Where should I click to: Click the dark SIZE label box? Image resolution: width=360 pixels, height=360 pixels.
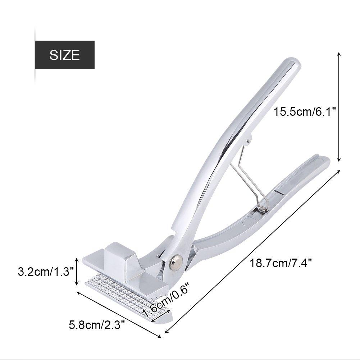tap(64, 55)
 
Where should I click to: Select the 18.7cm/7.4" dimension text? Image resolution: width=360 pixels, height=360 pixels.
tap(281, 263)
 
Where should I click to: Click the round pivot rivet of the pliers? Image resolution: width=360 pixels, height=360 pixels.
tap(176, 261)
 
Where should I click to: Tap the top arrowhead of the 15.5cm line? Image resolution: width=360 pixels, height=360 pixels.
tap(338, 54)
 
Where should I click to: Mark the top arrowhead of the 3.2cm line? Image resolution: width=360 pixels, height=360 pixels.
tap(76, 259)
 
